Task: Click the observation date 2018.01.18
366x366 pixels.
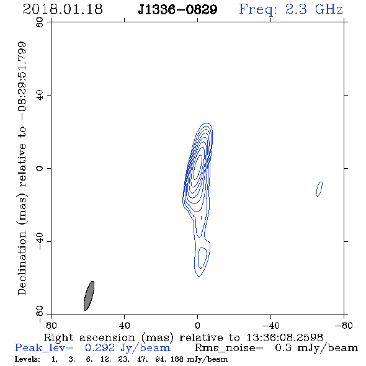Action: click(63, 9)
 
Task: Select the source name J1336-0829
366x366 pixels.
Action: click(177, 10)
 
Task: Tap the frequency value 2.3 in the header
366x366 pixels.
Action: click(296, 9)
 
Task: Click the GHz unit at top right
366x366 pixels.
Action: click(329, 9)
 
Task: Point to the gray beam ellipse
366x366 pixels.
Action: click(89, 296)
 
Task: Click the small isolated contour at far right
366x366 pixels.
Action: click(319, 189)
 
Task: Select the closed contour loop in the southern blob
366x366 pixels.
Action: click(202, 258)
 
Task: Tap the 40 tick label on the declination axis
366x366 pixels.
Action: click(40, 96)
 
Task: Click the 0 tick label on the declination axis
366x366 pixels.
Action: click(40, 168)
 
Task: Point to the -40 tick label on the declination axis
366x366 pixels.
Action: click(40, 241)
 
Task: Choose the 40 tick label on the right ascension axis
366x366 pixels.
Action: click(124, 326)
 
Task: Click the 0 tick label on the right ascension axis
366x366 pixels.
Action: click(197, 326)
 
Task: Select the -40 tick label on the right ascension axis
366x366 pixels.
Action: click(270, 326)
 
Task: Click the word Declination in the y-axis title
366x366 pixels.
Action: click(22, 263)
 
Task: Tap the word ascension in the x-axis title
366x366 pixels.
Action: click(107, 337)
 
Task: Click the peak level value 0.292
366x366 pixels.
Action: click(100, 348)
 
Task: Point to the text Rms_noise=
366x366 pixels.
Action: click(229, 348)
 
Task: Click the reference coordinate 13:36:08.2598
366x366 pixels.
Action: click(285, 337)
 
